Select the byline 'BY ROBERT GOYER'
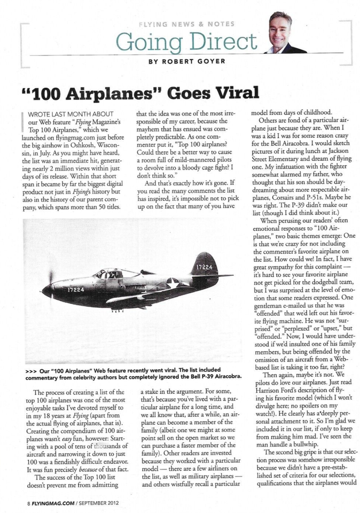point(187,61)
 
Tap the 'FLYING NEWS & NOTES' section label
point(186,25)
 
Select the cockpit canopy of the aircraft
point(111,274)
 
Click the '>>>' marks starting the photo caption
point(31,370)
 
